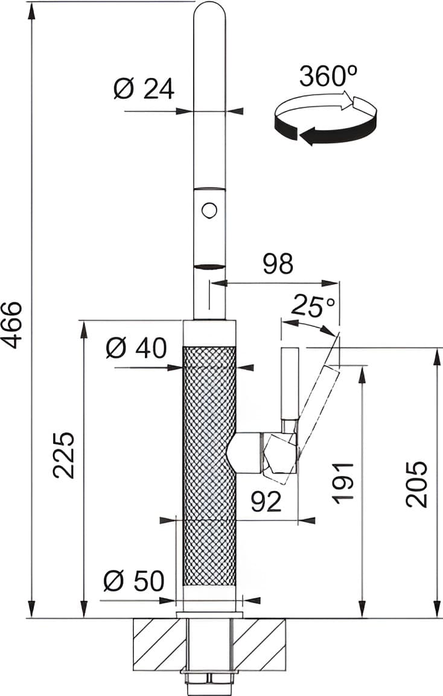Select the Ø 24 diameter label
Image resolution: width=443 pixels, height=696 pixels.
point(144,89)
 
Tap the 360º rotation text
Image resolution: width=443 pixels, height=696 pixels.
point(328,77)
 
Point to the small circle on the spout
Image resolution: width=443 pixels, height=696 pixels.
point(209,210)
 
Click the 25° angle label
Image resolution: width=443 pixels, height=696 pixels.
point(313,306)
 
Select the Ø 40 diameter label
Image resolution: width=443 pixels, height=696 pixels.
point(136,348)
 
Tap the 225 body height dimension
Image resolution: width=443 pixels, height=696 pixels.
point(64,455)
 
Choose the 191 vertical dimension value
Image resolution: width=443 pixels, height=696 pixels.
point(343,483)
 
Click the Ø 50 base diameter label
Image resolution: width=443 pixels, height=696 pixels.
point(133,581)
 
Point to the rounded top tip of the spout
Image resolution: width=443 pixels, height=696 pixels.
point(209,12)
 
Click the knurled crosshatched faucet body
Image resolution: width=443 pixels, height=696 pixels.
point(209,464)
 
